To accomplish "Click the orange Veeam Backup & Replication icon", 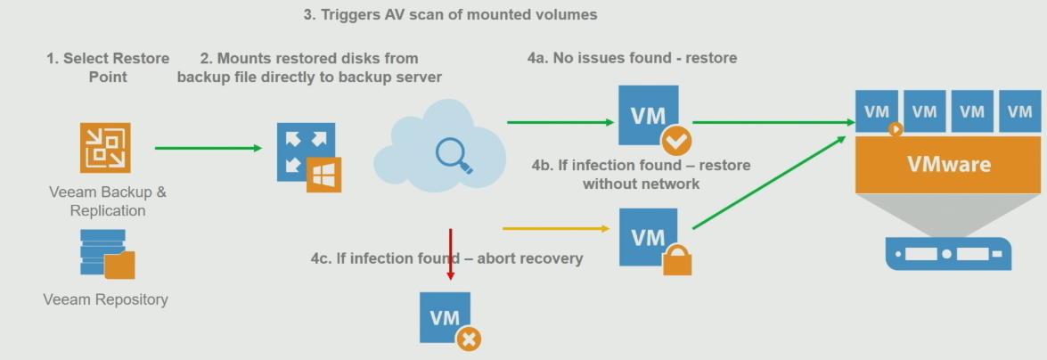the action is tap(105, 148).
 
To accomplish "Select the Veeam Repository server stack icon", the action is tap(108, 254).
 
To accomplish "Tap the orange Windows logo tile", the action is tap(323, 175).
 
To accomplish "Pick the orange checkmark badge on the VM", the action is tap(676, 140).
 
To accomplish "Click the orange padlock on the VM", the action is tap(677, 259).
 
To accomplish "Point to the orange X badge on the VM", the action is tap(469, 340).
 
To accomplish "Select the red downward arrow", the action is tap(451, 255).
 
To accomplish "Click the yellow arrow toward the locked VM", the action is tap(556, 228).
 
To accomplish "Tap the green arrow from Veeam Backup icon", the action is tap(209, 148).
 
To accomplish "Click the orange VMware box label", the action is tap(948, 164).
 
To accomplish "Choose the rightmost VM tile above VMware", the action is tap(1019, 110).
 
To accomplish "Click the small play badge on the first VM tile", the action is tap(896, 129).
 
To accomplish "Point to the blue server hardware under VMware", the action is tap(948, 254).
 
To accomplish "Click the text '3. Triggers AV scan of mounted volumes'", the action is tap(451, 14).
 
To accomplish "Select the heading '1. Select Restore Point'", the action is tap(108, 68).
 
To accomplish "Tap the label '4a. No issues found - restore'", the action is tap(633, 58).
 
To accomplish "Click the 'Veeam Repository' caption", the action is tap(105, 299).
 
